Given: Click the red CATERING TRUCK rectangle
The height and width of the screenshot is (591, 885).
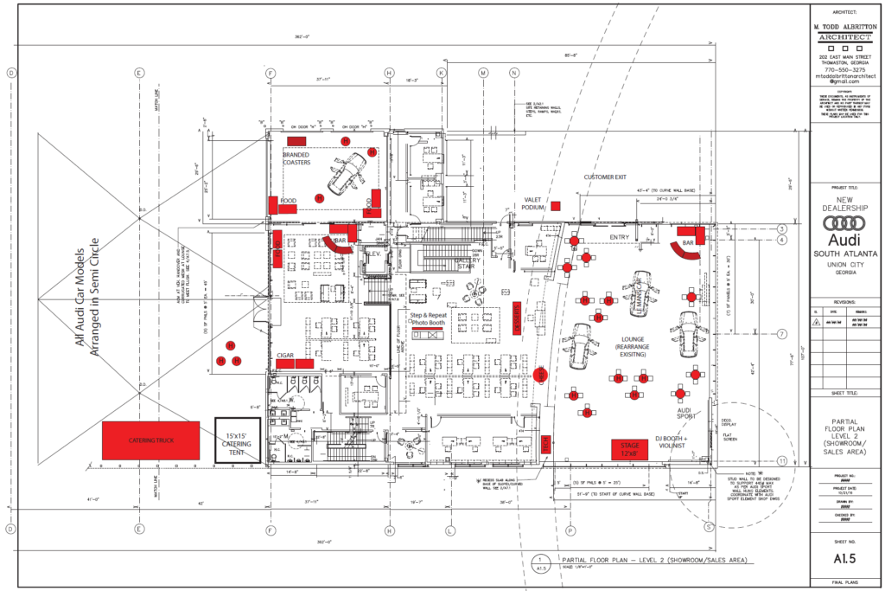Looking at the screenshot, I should coord(151,440).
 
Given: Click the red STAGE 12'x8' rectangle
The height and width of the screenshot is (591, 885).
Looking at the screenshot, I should coord(630,448).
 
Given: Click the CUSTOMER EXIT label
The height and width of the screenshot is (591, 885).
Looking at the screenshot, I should coord(608,177).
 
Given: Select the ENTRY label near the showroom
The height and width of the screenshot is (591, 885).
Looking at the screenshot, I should coord(620,236).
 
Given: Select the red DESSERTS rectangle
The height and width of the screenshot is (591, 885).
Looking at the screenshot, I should coord(516,322).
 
